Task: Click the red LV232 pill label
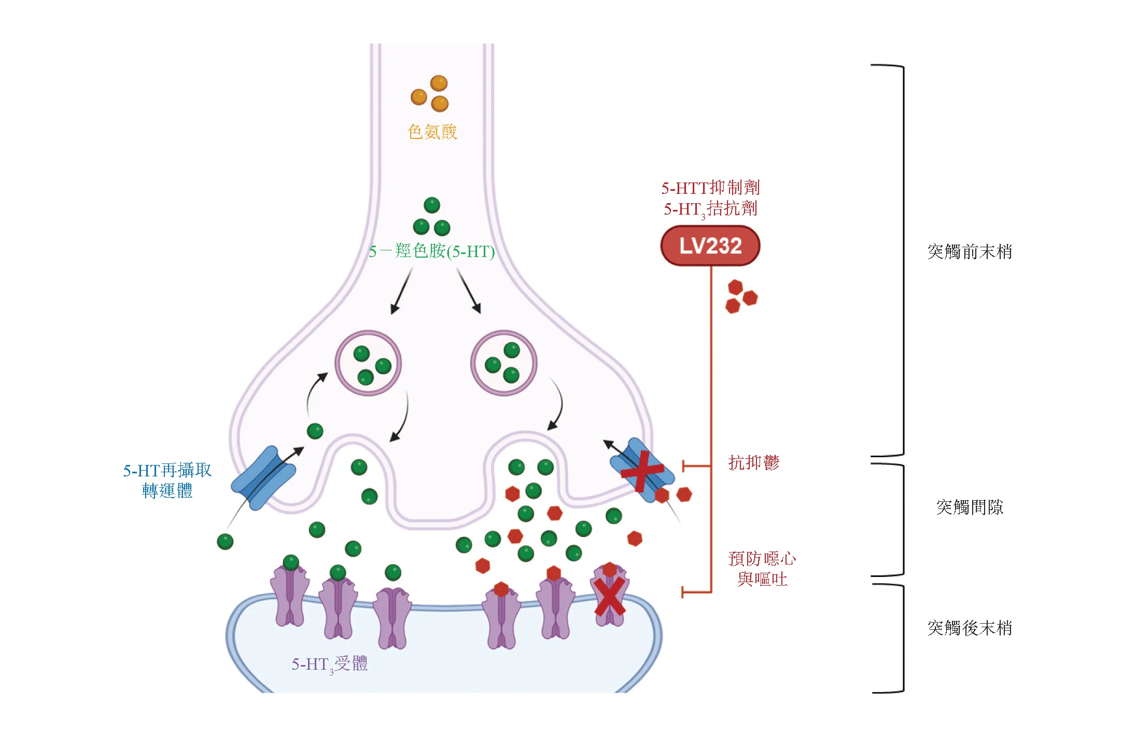(x=710, y=246)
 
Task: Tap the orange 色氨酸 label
(x=432, y=132)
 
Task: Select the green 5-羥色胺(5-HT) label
(x=431, y=251)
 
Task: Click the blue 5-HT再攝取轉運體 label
(x=167, y=480)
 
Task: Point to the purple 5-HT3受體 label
(x=329, y=664)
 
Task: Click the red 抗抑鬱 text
(x=753, y=462)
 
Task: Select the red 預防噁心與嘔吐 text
(x=762, y=569)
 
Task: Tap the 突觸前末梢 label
(x=969, y=252)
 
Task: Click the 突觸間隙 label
(x=969, y=507)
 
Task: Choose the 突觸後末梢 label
(x=969, y=628)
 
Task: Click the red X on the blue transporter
(x=642, y=471)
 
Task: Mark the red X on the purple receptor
(x=609, y=597)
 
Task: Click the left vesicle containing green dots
(x=368, y=363)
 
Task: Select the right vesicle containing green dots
(x=503, y=363)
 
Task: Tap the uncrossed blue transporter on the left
(x=263, y=478)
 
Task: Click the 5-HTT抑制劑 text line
(x=710, y=188)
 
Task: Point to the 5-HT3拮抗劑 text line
(x=710, y=209)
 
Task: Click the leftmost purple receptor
(x=289, y=596)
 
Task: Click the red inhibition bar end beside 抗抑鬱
(x=683, y=465)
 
